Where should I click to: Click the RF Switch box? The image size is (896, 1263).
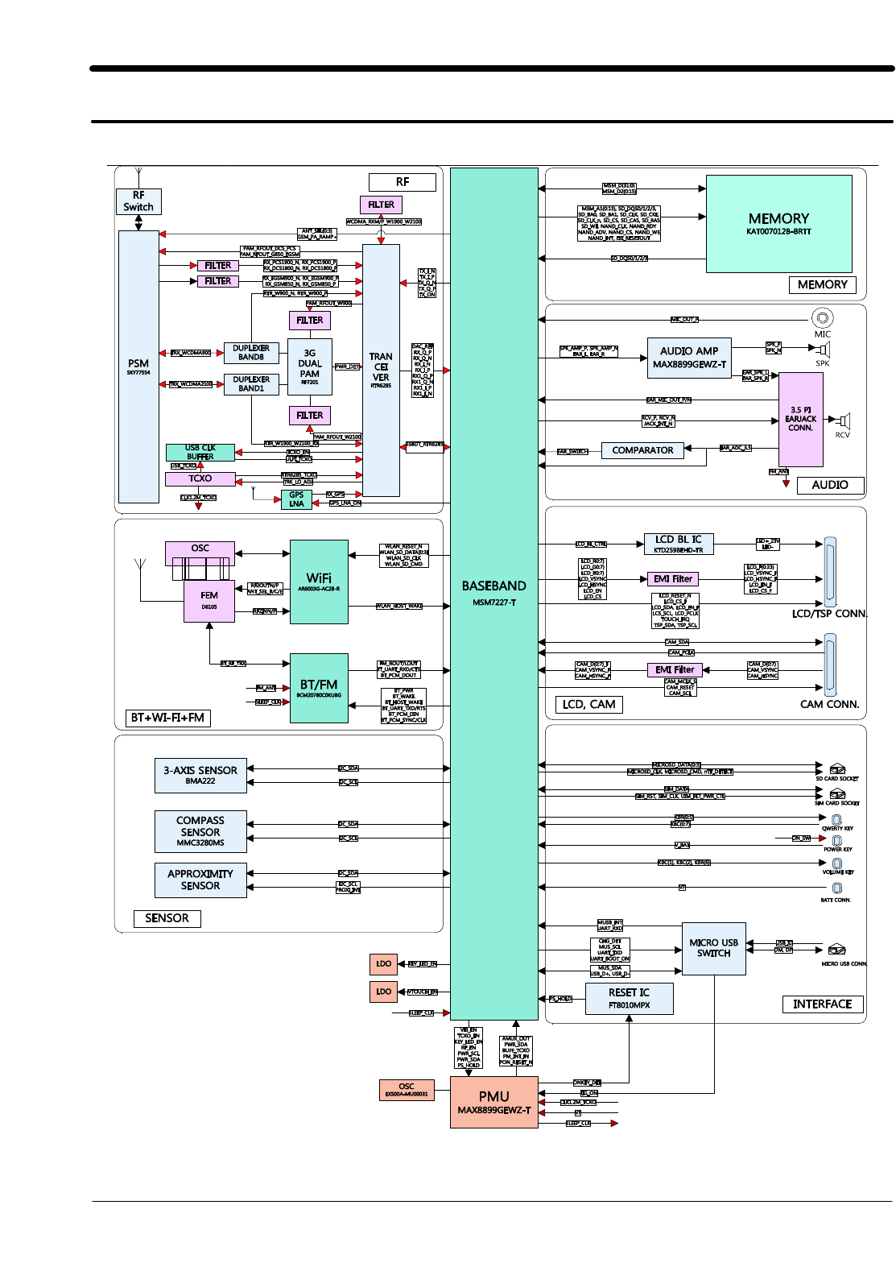click(x=138, y=201)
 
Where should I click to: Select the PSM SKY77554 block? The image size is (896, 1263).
click(x=138, y=366)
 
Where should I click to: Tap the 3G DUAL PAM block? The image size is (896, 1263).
click(x=310, y=366)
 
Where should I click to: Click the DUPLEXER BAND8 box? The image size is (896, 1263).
click(x=251, y=353)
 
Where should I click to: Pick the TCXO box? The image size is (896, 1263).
click(x=200, y=478)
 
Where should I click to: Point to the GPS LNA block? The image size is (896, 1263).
click(x=296, y=499)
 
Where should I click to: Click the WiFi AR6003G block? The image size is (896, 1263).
click(x=319, y=582)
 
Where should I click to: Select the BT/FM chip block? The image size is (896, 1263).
click(x=319, y=688)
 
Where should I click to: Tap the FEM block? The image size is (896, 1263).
click(x=209, y=601)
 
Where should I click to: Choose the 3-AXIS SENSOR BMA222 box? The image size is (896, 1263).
click(x=200, y=775)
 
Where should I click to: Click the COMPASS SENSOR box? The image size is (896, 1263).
click(x=200, y=831)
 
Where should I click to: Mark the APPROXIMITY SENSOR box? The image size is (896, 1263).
click(x=200, y=880)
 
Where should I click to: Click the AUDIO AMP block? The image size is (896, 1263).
click(x=689, y=358)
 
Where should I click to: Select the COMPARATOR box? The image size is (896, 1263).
click(x=642, y=450)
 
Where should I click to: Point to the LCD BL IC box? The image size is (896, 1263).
click(x=679, y=544)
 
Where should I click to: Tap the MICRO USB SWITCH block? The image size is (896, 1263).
click(x=714, y=948)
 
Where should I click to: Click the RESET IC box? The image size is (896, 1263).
click(x=629, y=999)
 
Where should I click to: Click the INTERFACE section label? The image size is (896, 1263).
click(x=822, y=1004)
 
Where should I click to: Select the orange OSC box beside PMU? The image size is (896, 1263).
click(x=407, y=1090)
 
